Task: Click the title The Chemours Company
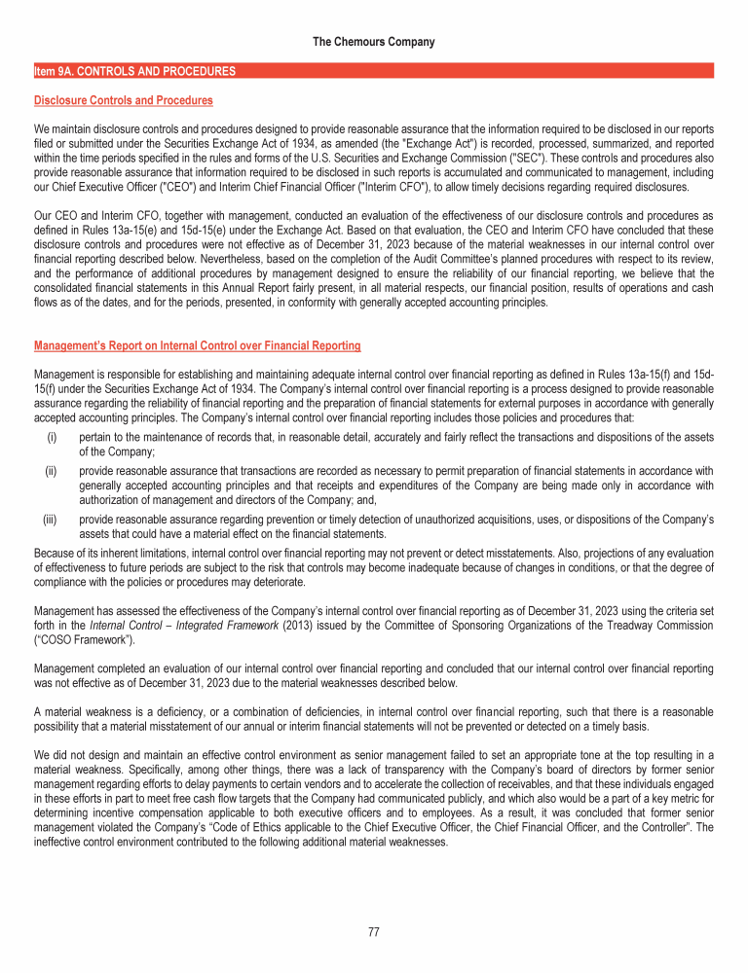(374, 42)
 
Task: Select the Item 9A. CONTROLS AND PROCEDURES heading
(134, 71)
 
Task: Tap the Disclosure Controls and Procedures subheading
(124, 100)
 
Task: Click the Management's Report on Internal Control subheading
(198, 345)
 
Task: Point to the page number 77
(374, 932)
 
